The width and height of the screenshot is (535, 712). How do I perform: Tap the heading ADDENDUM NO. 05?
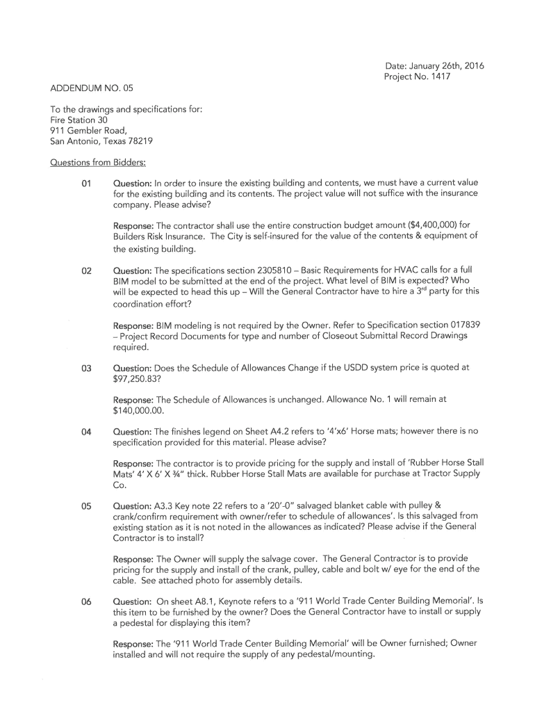pyautogui.click(x=91, y=88)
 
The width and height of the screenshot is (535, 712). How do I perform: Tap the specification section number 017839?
pyautogui.click(x=453, y=325)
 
